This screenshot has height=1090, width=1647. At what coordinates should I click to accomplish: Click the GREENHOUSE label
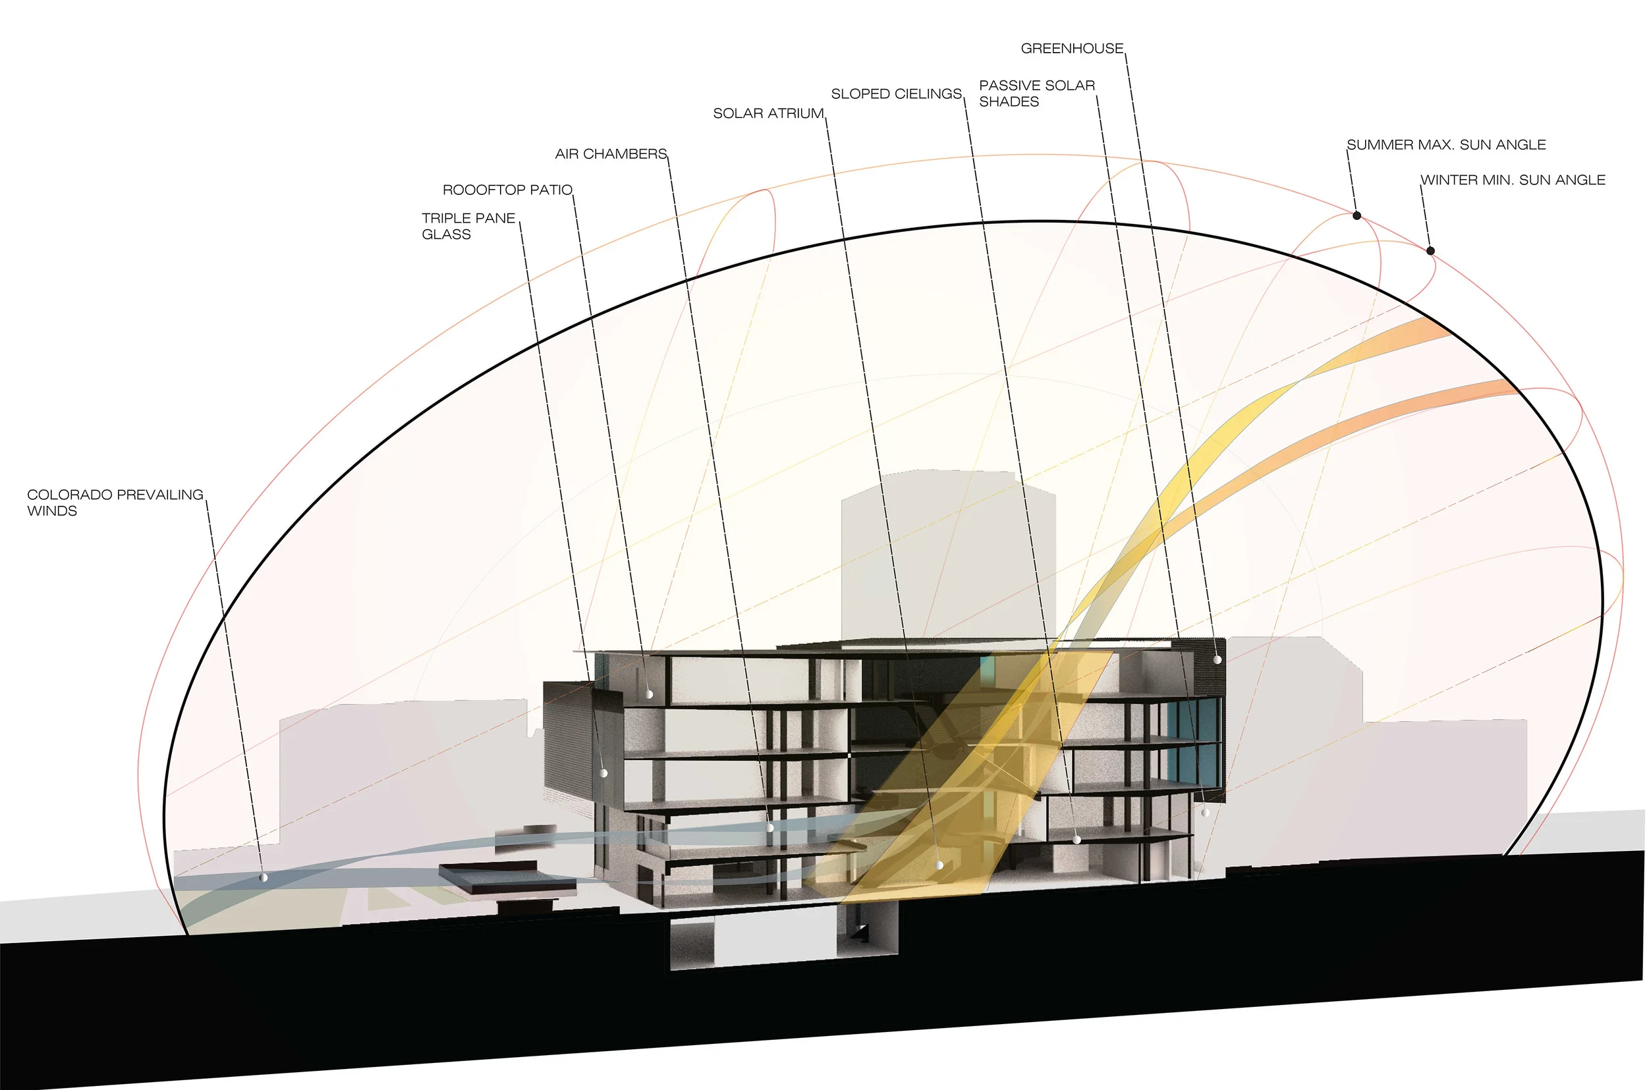click(1071, 49)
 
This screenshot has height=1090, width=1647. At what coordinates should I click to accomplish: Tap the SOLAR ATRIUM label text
click(768, 113)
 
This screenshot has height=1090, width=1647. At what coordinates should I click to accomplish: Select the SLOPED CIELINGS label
click(896, 94)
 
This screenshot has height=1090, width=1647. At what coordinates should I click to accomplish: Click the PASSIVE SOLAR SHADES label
click(1036, 93)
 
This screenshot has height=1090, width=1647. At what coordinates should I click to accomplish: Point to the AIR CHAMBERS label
click(611, 153)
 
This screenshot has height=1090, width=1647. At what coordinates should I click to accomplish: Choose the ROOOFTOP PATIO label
click(507, 190)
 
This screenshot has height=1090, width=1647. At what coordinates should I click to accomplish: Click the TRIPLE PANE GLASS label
click(468, 226)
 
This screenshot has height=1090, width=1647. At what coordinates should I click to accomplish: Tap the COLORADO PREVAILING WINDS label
click(115, 502)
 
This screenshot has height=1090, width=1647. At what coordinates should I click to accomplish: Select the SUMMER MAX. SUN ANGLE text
click(1446, 145)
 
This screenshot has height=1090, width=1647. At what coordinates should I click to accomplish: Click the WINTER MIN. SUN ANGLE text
click(1513, 180)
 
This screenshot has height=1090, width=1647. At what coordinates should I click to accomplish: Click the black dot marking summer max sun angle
click(1356, 215)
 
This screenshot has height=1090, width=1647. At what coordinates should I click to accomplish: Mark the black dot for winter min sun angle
click(1430, 250)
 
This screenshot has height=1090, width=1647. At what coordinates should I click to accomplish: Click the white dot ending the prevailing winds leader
click(264, 878)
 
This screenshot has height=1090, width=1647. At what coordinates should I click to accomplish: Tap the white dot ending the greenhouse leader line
click(1217, 659)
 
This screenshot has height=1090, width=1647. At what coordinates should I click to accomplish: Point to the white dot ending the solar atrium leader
click(939, 865)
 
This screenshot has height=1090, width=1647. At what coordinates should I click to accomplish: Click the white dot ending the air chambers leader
click(769, 828)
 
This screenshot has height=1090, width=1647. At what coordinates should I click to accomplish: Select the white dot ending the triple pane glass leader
click(604, 773)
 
